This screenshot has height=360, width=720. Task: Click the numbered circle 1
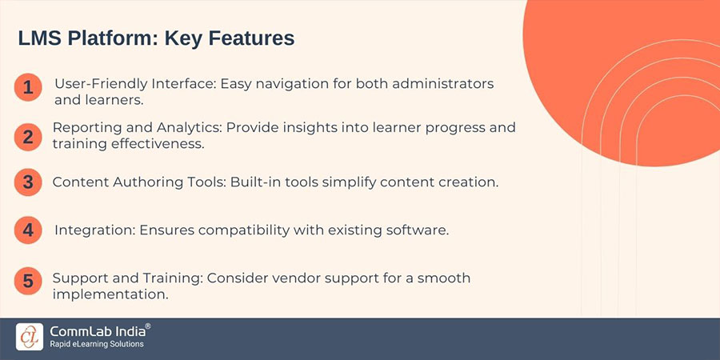point(27,88)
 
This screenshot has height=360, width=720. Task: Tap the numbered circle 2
point(27,135)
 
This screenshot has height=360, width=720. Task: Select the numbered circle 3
point(27,182)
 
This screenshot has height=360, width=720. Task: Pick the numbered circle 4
point(27,230)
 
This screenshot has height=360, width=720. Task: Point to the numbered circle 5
point(27,281)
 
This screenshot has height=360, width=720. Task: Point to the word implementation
point(110,294)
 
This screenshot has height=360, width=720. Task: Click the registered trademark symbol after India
point(148,326)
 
